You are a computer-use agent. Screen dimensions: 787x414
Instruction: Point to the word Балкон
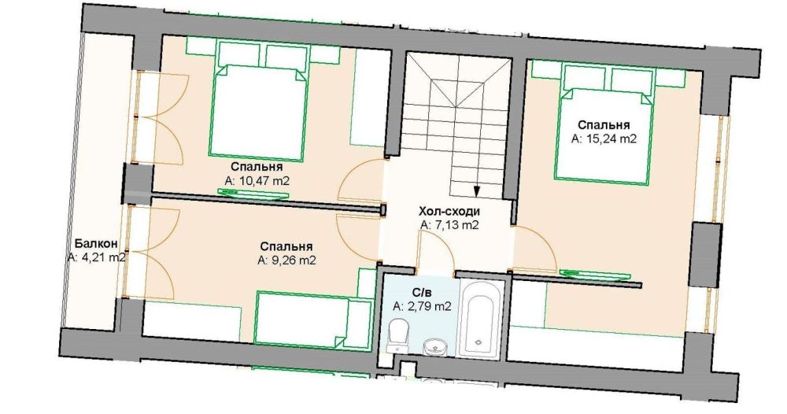tap(96, 244)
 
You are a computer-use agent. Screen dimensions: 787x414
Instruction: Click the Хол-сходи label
tap(449, 211)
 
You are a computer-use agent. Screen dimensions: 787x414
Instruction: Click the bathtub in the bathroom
tap(480, 319)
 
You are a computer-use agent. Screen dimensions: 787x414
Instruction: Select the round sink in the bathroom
tap(434, 346)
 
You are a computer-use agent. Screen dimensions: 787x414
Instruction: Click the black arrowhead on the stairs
tap(476, 190)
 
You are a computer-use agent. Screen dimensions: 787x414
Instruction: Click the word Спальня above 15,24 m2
tap(604, 125)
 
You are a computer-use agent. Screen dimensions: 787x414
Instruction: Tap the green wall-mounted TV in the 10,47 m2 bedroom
tap(253, 194)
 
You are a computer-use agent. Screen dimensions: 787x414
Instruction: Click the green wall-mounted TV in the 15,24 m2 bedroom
tap(595, 273)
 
